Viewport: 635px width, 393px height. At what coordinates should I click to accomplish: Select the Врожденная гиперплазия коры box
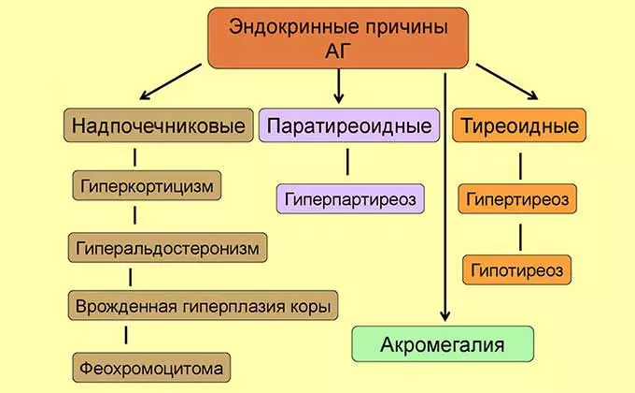tap(203, 304)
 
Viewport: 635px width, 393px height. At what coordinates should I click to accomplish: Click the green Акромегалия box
tap(443, 344)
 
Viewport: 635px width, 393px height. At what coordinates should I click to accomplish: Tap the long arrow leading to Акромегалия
tap(446, 196)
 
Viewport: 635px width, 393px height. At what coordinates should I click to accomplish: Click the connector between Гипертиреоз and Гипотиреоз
tap(515, 234)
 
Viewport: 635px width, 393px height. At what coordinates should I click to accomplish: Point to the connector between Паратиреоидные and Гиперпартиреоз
tap(347, 161)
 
